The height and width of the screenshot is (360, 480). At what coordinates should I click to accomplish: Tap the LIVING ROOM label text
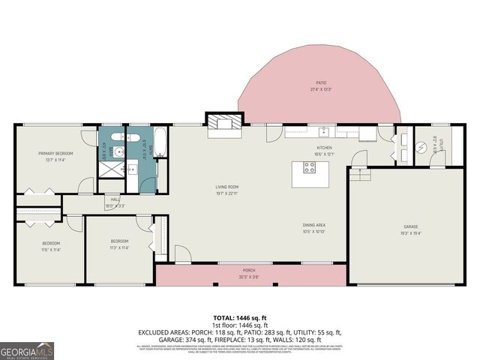click(227, 187)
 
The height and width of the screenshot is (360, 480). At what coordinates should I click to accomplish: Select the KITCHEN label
click(323, 148)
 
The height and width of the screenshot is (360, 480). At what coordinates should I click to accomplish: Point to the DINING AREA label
click(313, 225)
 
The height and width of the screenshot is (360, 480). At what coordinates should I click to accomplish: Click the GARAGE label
click(410, 226)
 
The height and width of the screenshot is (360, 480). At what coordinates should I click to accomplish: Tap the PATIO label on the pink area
click(320, 83)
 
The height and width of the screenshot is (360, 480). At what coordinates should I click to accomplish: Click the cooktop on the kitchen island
click(308, 168)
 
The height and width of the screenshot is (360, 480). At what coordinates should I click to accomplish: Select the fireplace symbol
click(226, 123)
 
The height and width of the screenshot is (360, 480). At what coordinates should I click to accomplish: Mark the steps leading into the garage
click(361, 174)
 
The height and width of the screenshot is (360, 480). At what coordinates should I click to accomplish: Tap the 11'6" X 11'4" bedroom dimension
click(50, 248)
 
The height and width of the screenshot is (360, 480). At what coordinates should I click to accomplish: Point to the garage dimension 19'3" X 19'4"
click(410, 232)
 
